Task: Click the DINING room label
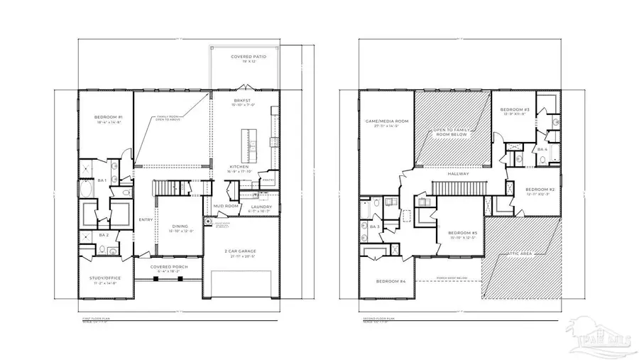(180, 227)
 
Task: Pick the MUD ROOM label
(225, 207)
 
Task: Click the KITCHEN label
(239, 167)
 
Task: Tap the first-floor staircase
(169, 188)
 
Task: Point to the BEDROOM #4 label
(390, 281)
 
